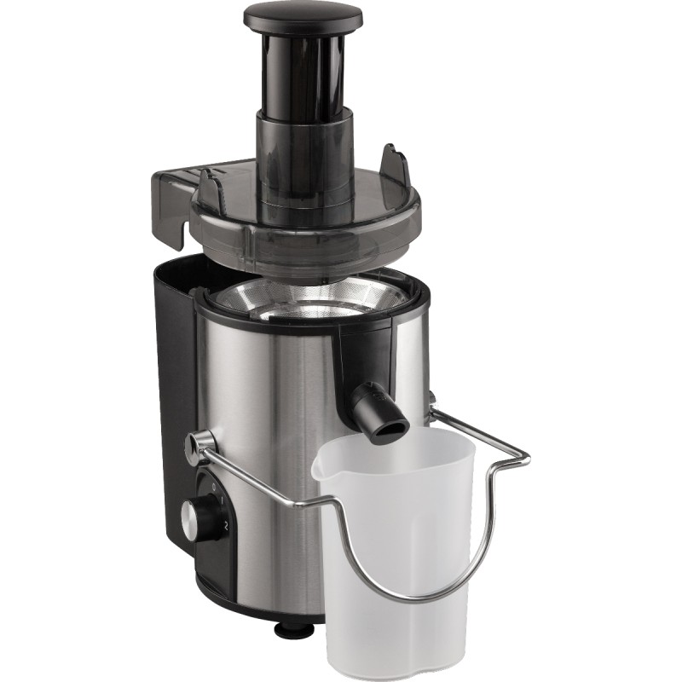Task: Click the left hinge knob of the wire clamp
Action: pyautogui.click(x=199, y=443)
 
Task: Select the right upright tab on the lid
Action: pyautogui.click(x=394, y=162)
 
